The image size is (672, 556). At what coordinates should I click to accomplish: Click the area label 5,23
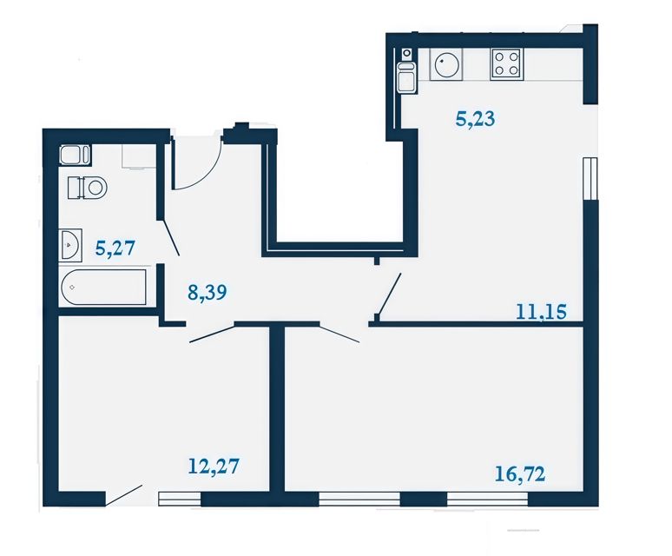click(475, 119)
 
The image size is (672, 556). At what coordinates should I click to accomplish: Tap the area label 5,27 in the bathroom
click(115, 248)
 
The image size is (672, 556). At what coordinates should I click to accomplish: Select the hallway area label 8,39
click(208, 293)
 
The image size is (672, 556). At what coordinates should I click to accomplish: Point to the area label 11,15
click(541, 311)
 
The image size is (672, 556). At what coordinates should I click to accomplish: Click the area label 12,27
click(214, 466)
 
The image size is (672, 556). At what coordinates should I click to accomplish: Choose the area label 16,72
click(520, 473)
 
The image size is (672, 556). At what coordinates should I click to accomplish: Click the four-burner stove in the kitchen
click(506, 63)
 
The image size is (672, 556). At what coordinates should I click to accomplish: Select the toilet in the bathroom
click(87, 188)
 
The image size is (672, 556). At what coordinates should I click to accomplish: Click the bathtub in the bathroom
click(103, 287)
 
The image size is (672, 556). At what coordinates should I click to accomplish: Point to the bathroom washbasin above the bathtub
click(71, 245)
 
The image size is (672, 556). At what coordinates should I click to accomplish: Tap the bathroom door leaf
click(170, 238)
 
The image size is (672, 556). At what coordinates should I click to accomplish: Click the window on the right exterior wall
click(590, 178)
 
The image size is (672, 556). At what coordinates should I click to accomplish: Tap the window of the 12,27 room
click(180, 499)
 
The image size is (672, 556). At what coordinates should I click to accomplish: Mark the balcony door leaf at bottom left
click(124, 495)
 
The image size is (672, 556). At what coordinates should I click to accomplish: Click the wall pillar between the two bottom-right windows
click(424, 500)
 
